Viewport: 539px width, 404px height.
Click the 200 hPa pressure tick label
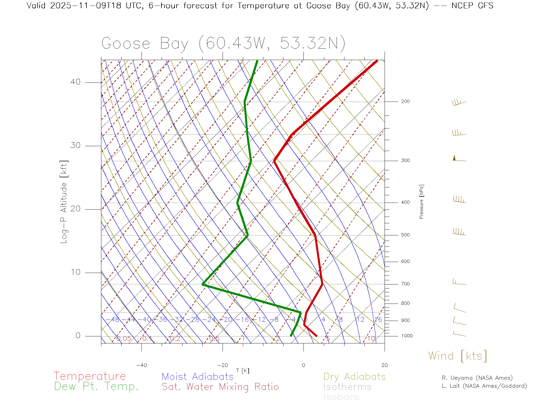(x=405, y=102)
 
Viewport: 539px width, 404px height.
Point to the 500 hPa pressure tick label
(x=405, y=235)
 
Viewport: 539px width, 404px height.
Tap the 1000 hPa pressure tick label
(x=407, y=336)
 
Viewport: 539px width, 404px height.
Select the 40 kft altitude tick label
(x=75, y=82)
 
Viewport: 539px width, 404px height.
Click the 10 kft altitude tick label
(x=75, y=272)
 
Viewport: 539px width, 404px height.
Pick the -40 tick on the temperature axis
(x=141, y=365)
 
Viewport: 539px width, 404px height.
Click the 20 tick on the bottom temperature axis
(x=384, y=365)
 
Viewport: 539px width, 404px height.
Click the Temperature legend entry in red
(x=90, y=376)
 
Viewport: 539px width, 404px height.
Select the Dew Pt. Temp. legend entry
(x=96, y=387)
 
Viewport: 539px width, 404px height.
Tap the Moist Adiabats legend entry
(x=198, y=377)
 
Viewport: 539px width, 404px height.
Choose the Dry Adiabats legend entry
(x=354, y=377)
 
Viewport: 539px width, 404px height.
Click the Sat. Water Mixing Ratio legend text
(x=220, y=387)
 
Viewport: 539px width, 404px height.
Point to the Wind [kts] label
(x=458, y=356)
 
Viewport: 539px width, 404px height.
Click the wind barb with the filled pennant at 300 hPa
(x=459, y=159)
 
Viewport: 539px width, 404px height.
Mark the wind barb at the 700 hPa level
(x=459, y=282)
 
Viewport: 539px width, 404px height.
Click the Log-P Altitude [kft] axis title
(x=64, y=202)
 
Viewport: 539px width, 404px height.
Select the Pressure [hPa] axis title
(x=421, y=201)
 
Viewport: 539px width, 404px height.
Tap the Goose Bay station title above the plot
(x=223, y=43)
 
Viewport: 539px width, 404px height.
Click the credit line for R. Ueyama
(x=477, y=378)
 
